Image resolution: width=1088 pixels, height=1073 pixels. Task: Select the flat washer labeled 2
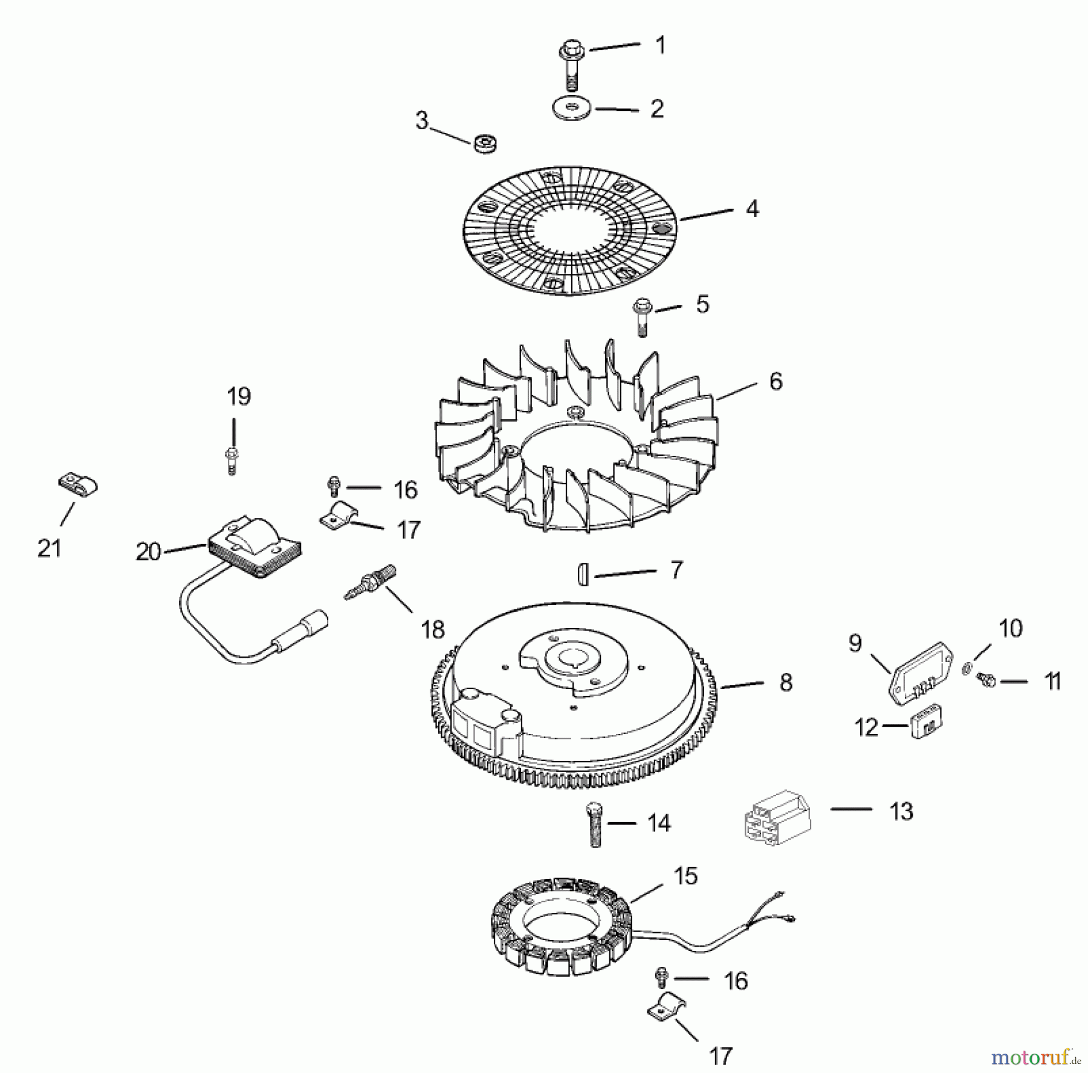(572, 110)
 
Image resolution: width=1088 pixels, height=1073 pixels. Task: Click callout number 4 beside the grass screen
(751, 209)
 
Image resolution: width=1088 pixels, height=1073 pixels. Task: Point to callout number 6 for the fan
(776, 381)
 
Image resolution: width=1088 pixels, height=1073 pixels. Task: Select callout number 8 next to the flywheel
(785, 682)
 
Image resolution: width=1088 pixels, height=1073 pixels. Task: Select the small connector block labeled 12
(928, 721)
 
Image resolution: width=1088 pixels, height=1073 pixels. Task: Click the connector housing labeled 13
(777, 817)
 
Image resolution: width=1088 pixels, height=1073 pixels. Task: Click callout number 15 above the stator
(685, 875)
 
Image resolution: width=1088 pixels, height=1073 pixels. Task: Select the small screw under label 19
(232, 461)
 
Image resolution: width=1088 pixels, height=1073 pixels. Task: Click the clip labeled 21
(78, 486)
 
